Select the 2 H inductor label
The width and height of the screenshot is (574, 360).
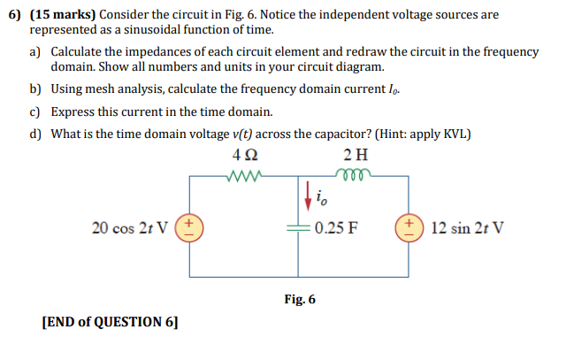(x=355, y=155)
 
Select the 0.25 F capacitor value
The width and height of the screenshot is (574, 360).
(x=335, y=226)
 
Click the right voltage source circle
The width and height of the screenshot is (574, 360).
(x=409, y=226)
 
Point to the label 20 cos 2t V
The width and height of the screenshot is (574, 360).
(x=133, y=226)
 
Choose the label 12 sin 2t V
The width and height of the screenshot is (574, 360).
(x=469, y=226)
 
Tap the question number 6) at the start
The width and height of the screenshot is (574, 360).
(x=13, y=14)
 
